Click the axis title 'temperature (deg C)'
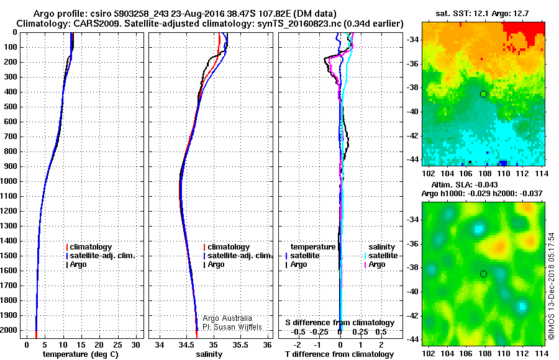tap(81, 354)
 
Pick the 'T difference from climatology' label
tap(340, 354)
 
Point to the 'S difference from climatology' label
tap(340, 323)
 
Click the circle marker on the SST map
tap(483, 94)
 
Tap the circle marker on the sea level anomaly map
tap(483, 274)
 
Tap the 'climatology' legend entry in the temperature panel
tap(90, 247)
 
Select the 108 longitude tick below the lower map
tap(483, 352)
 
